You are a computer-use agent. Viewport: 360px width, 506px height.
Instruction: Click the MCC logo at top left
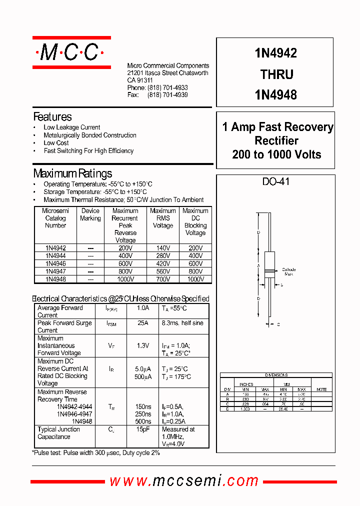[x=71, y=52]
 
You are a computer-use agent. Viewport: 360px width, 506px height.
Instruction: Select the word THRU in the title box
[x=276, y=74]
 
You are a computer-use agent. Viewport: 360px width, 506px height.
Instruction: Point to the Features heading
[x=52, y=117]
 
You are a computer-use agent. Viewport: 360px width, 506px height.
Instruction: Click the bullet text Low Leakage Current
[x=71, y=127]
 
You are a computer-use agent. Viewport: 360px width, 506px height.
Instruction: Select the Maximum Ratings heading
[x=72, y=173]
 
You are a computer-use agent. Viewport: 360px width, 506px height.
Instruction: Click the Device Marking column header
[x=90, y=214]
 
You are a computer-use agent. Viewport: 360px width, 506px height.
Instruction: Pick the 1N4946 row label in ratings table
[x=55, y=263]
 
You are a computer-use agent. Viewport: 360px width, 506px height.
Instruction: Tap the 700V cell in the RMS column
[x=162, y=279]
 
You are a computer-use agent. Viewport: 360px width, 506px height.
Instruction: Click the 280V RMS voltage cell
[x=162, y=255]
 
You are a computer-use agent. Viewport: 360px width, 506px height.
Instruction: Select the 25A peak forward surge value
[x=143, y=323]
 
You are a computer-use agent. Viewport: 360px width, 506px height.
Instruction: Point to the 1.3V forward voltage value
[x=143, y=345]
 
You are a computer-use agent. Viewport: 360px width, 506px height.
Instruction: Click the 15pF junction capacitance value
[x=143, y=429]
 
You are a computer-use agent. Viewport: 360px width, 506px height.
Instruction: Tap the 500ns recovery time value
[x=143, y=421]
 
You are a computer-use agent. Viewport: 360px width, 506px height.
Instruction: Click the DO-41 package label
[x=276, y=182]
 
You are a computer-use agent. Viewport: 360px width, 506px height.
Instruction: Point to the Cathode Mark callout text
[x=288, y=271]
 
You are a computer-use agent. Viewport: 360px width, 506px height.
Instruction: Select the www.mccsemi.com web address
[x=183, y=481]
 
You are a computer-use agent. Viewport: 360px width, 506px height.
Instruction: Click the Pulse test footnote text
[x=96, y=452]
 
